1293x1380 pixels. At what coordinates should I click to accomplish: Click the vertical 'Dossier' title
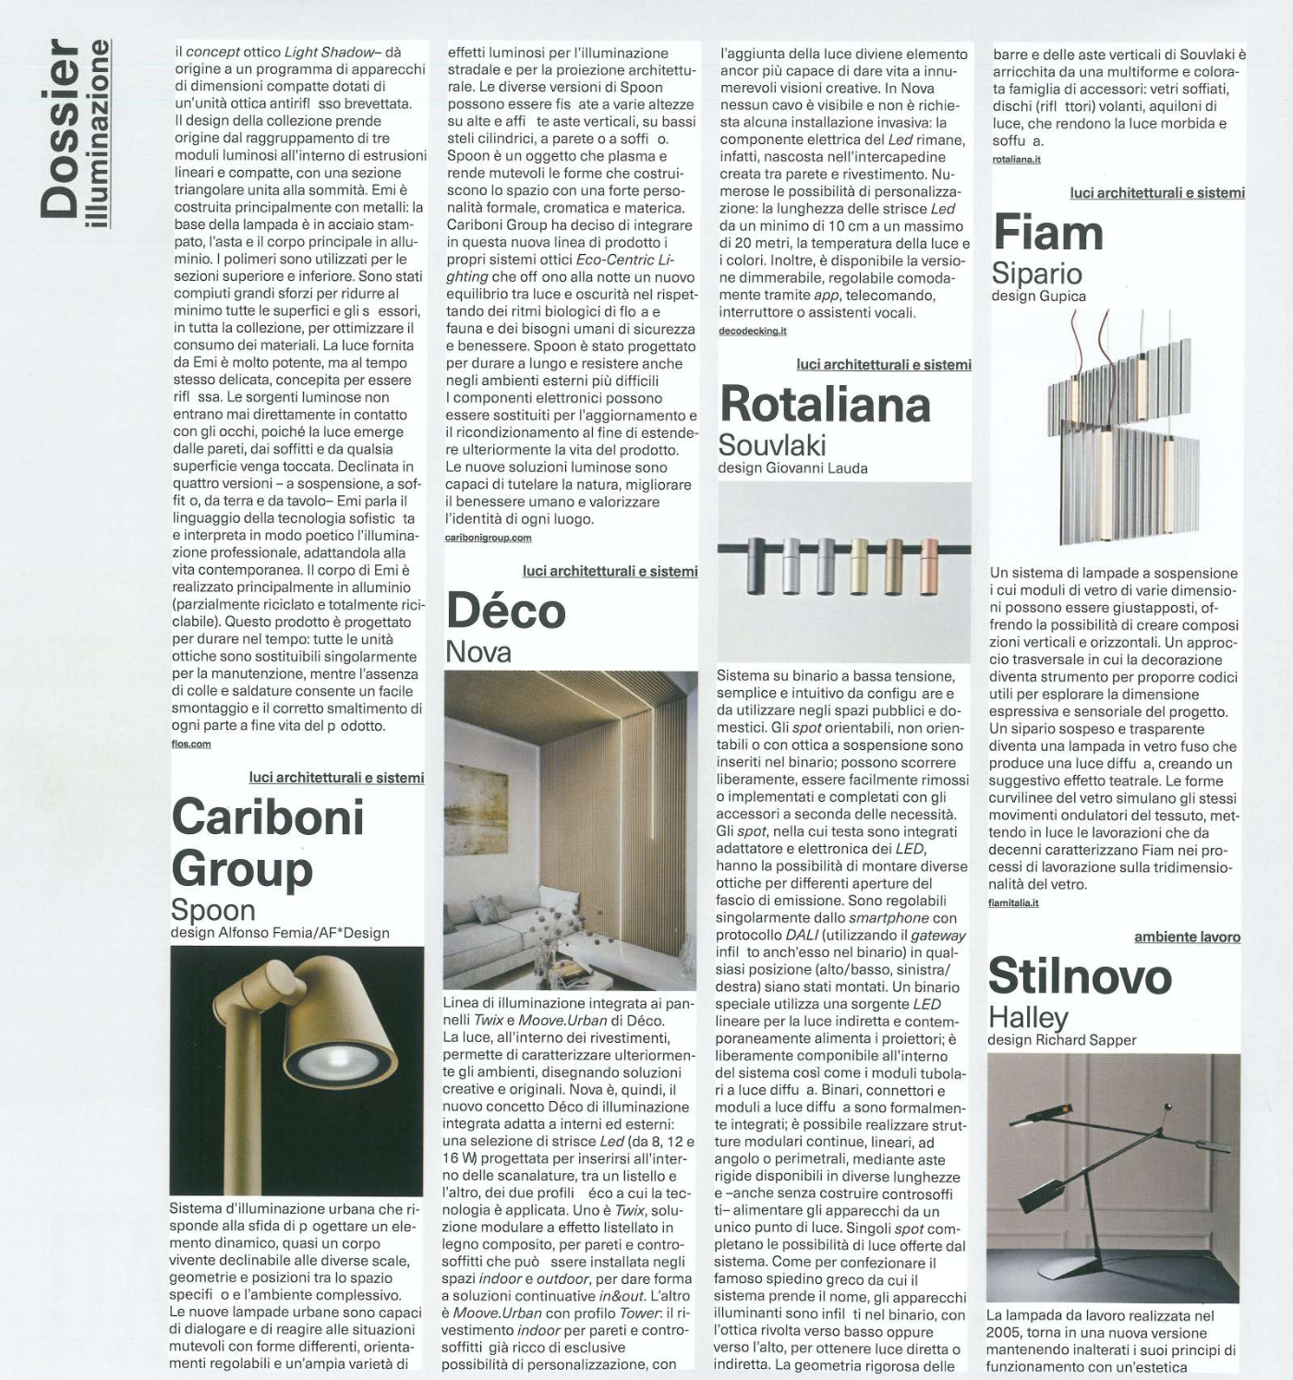tap(62, 129)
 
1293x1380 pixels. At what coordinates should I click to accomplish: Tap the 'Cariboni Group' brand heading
tap(268, 842)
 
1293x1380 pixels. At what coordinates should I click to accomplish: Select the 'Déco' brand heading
tap(505, 611)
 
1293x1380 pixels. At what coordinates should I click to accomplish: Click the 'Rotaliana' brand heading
tap(825, 405)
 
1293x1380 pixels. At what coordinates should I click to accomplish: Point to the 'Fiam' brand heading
tap(1047, 233)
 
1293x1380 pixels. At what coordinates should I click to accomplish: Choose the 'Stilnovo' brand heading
tap(1080, 976)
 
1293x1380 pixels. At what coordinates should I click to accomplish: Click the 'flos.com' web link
tap(191, 744)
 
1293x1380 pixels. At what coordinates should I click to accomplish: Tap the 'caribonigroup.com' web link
tap(488, 538)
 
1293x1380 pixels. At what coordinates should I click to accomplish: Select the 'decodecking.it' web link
tap(753, 331)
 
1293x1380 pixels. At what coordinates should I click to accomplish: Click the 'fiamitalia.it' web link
tap(1013, 902)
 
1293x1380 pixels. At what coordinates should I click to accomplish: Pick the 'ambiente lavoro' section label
tap(1187, 937)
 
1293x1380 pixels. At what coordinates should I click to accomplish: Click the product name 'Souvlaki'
tap(772, 445)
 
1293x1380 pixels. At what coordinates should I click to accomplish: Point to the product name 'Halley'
tap(1028, 1017)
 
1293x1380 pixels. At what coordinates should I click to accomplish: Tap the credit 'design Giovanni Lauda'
tap(792, 468)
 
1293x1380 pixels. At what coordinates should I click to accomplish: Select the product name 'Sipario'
tap(1036, 273)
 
